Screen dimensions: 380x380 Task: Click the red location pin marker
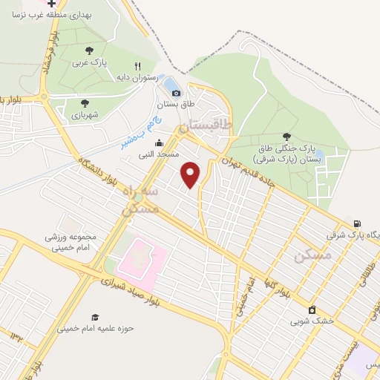click(x=191, y=174)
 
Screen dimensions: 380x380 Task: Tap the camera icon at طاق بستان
click(x=175, y=93)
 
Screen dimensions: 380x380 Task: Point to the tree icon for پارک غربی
click(x=89, y=50)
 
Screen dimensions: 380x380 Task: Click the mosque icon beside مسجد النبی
click(x=157, y=143)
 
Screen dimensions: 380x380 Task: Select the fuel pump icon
click(x=359, y=223)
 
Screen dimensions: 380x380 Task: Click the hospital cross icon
click(x=50, y=4)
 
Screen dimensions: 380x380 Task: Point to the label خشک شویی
click(x=312, y=321)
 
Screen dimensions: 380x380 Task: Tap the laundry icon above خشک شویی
click(x=312, y=309)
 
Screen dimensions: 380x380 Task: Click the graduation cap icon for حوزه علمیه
click(x=95, y=317)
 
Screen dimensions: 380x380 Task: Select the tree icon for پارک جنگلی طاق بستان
click(x=286, y=137)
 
